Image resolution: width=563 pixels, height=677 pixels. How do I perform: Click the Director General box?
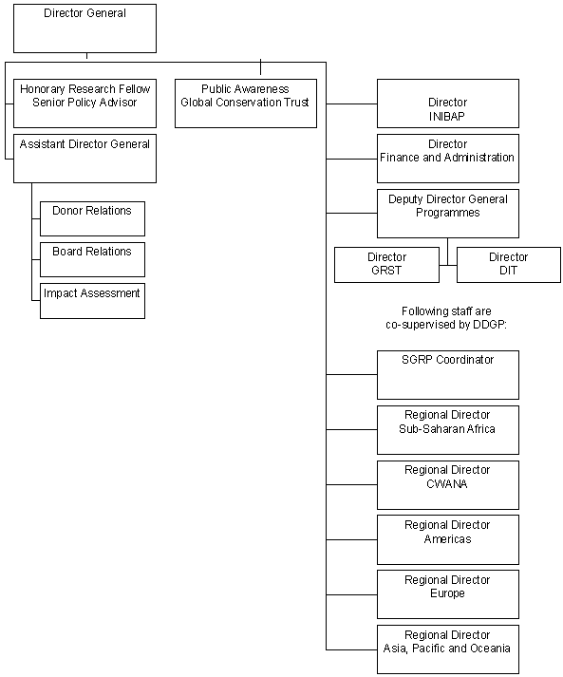point(84,28)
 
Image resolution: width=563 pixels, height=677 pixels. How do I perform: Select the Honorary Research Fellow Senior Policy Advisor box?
point(84,103)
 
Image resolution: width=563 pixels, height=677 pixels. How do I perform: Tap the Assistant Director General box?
point(84,158)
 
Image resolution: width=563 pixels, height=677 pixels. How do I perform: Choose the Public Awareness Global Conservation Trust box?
point(245,103)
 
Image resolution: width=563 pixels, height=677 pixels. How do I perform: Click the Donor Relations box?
point(92,218)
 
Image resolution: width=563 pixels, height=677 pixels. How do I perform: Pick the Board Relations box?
point(92,259)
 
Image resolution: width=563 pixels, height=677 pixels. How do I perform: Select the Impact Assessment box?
point(92,300)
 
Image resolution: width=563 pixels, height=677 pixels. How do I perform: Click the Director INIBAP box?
point(447,103)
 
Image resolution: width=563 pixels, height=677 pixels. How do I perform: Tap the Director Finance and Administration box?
point(447,159)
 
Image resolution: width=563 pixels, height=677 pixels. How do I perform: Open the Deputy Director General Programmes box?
point(447,214)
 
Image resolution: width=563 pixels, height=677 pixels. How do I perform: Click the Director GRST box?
point(386,265)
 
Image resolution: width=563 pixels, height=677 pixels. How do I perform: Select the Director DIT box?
point(508,265)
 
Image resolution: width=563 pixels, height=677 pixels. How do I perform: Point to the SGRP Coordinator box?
point(447,375)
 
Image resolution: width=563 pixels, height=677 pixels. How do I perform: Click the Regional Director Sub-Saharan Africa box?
point(447,430)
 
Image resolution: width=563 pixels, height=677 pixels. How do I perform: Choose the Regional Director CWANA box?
point(447,484)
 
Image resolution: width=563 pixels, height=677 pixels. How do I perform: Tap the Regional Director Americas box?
point(447,539)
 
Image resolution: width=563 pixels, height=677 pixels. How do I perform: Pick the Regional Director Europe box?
point(447,594)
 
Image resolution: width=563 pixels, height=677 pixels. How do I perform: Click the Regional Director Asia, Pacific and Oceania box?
point(447,649)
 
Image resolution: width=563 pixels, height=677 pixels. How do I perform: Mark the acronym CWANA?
point(447,483)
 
